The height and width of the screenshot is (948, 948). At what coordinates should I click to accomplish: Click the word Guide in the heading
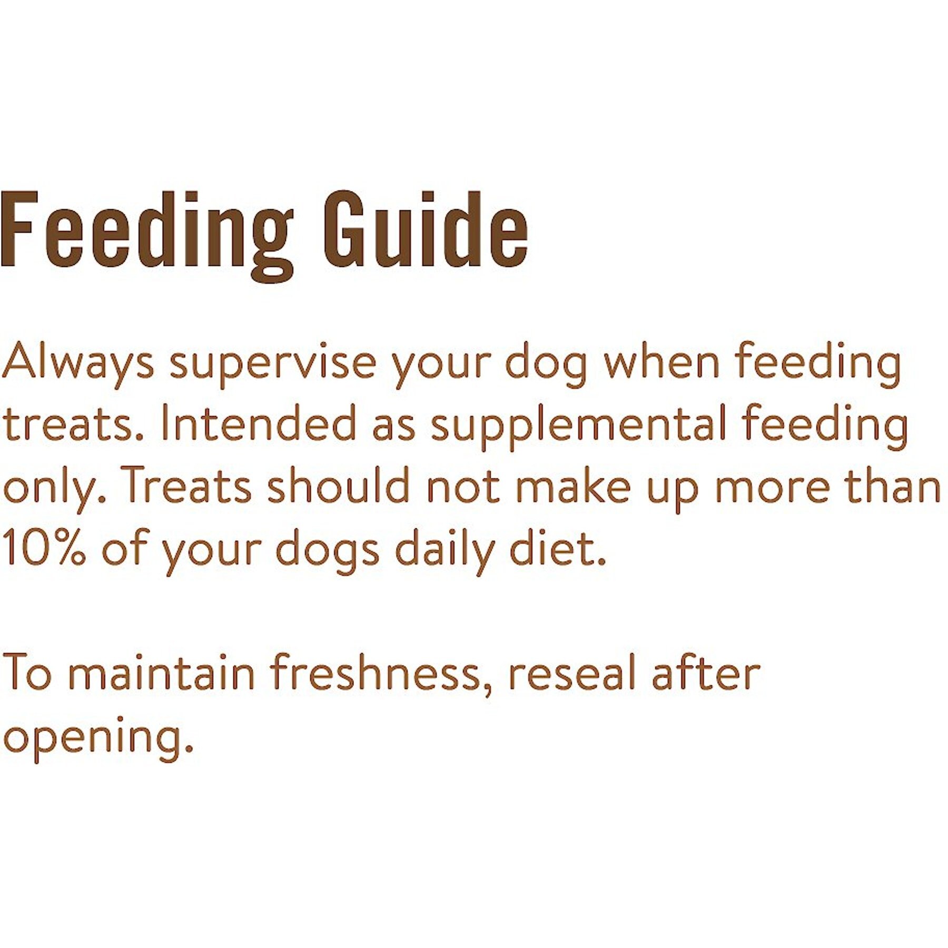pos(426,230)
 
